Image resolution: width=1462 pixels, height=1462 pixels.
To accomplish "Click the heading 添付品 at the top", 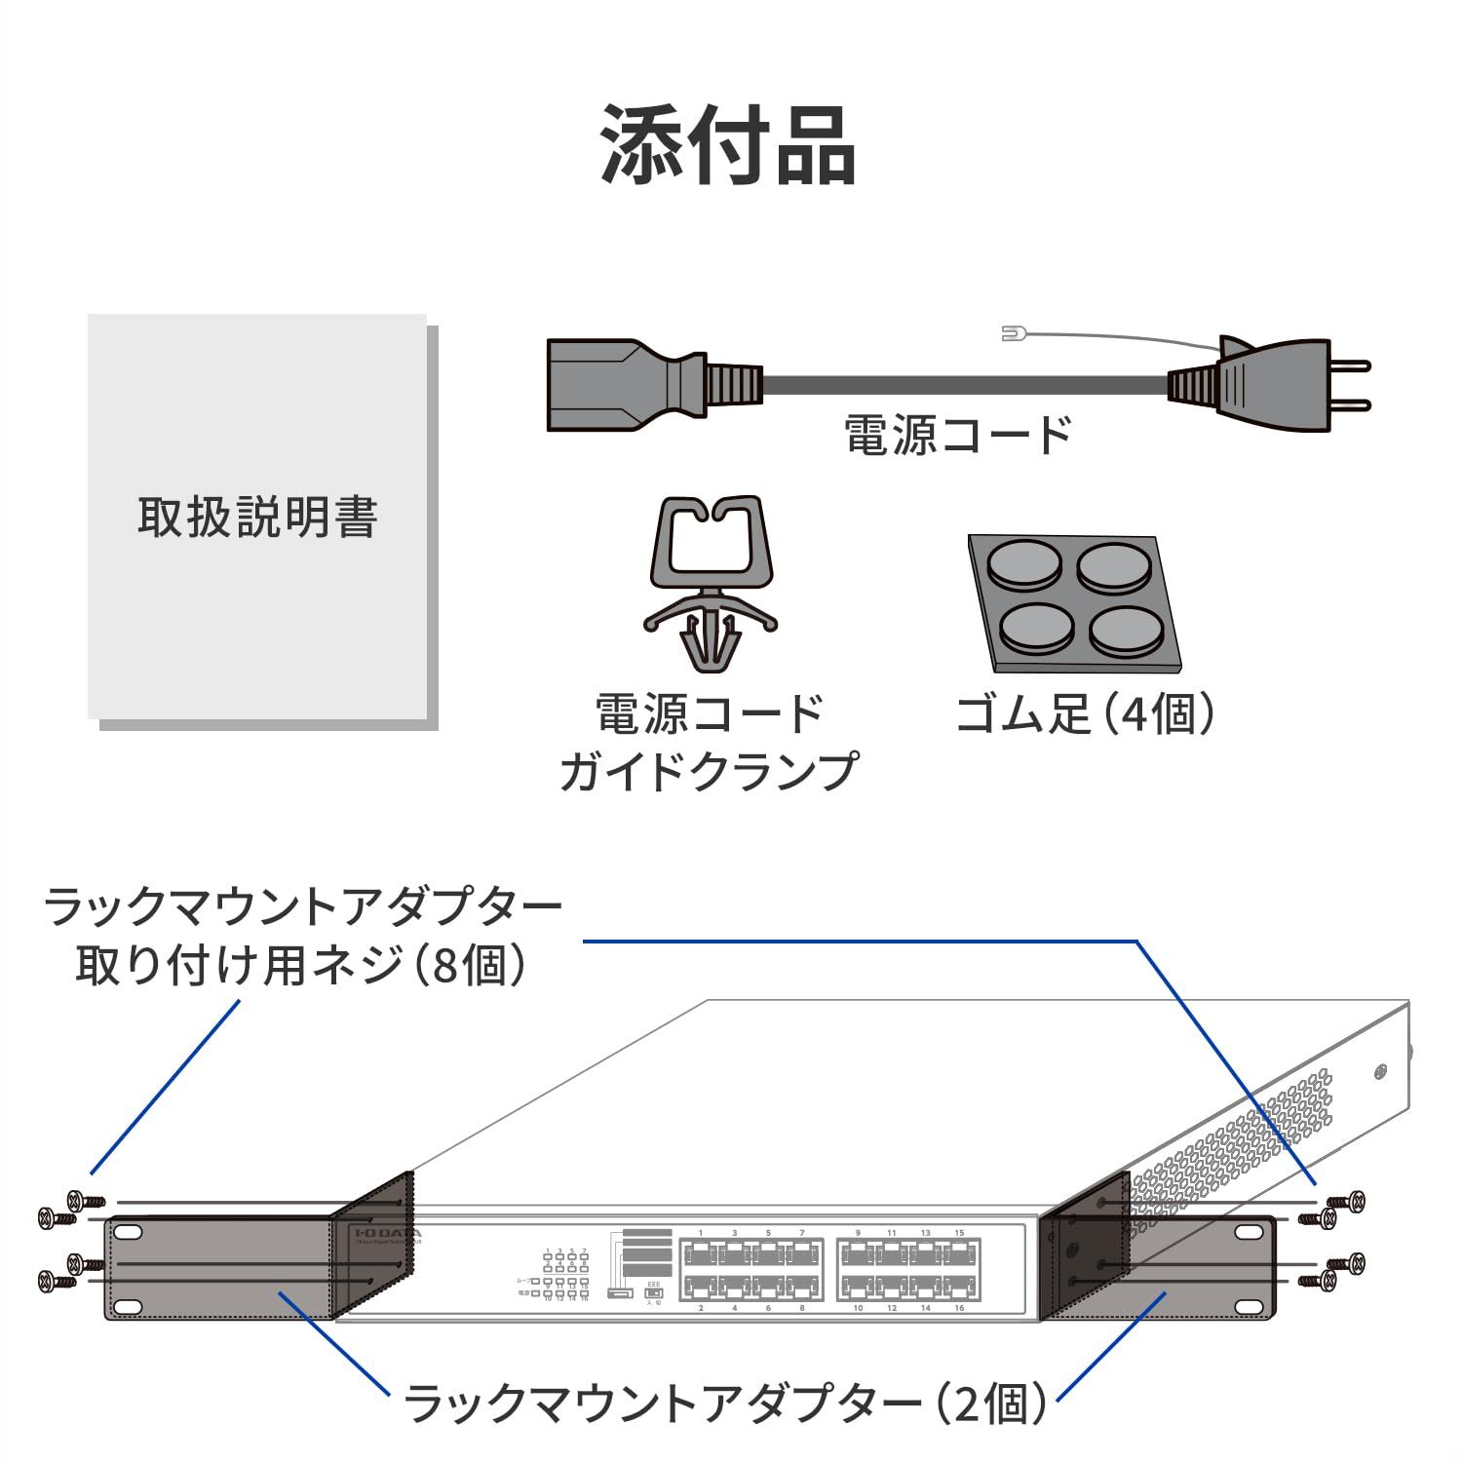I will pos(729,145).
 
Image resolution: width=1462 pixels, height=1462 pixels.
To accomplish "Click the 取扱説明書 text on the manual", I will pos(257,518).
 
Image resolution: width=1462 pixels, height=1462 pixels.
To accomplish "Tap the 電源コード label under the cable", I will pos(957,435).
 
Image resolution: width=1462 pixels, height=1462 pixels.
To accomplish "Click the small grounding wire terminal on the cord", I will pos(1011,334).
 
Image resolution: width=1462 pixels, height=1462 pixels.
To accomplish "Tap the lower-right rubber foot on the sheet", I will pos(1126,632).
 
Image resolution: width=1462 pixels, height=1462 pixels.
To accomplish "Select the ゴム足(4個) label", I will pos(1085,714).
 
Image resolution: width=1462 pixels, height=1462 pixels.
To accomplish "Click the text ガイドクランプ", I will pos(710,771).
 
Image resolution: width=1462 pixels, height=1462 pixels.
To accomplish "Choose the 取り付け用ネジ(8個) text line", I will pos(302,966).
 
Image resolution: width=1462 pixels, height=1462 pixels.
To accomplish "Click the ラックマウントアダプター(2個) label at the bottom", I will pos(725,1404).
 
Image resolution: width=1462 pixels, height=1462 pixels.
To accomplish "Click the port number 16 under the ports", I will pos(959,1308).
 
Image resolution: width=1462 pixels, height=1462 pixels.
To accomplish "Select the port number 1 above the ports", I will pos(700,1233).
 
